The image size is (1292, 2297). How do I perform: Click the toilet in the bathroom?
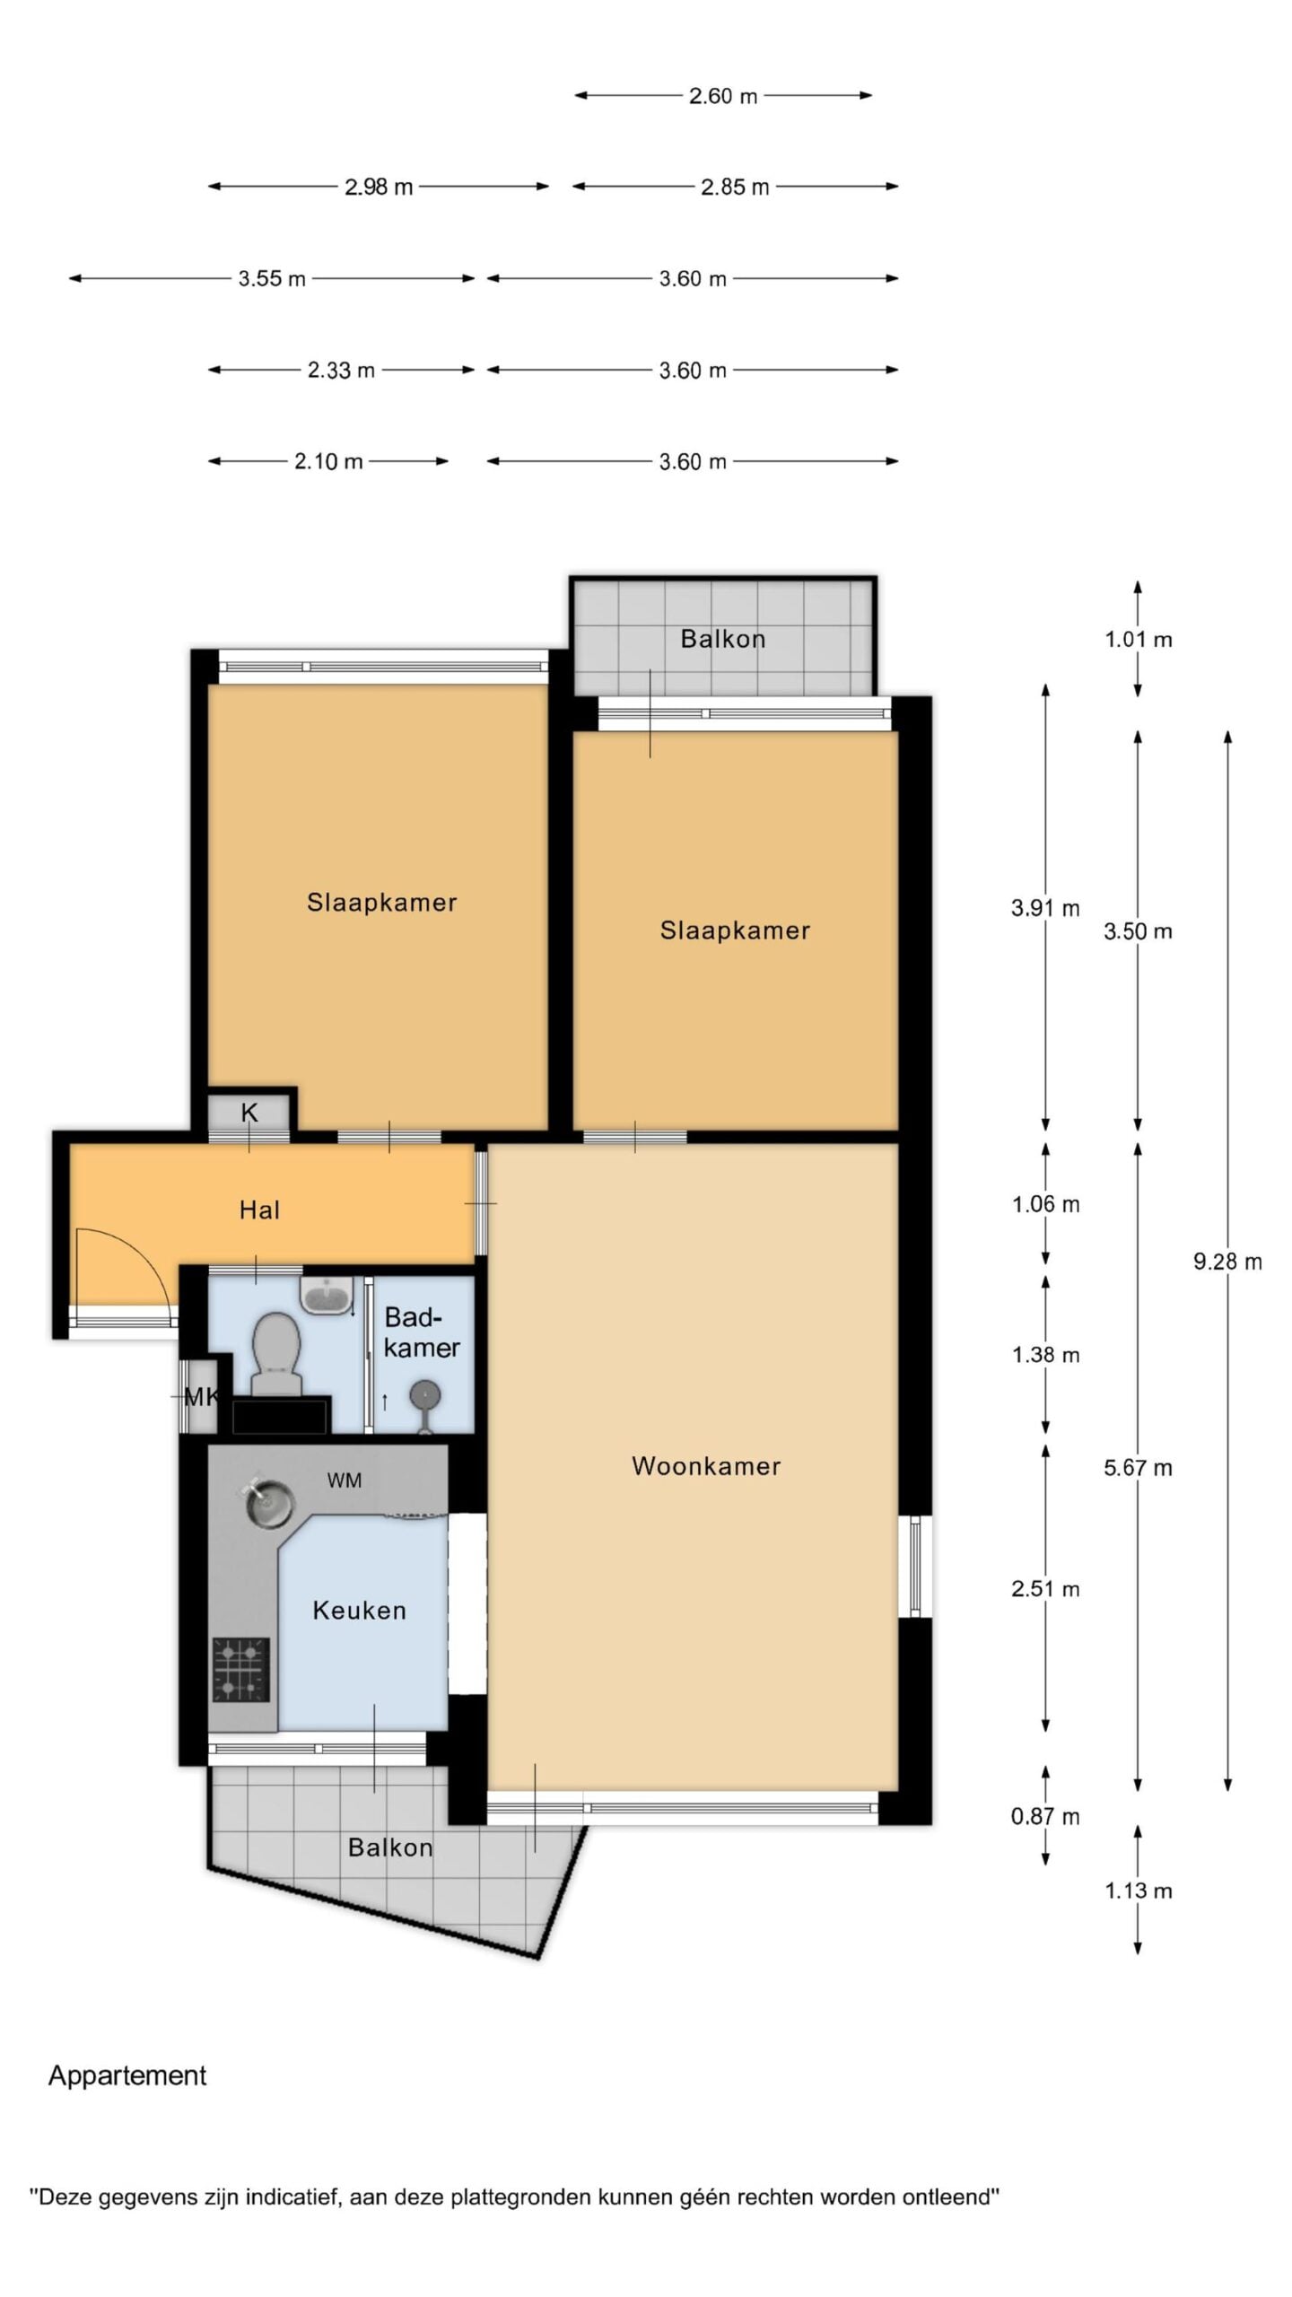point(275,1354)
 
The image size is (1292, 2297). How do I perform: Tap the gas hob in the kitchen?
point(241,1669)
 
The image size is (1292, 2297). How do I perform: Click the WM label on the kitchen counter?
point(345,1480)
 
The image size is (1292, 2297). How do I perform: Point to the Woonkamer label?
point(706,1466)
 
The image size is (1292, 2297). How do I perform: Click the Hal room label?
point(259,1210)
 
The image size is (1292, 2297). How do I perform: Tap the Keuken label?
point(359,1611)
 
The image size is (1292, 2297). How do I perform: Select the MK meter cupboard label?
point(201,1397)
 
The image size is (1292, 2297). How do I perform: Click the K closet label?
point(249,1113)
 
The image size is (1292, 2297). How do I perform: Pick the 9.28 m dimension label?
point(1227,1262)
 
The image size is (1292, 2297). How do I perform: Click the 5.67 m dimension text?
point(1138,1468)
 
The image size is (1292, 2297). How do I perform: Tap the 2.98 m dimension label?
point(379,187)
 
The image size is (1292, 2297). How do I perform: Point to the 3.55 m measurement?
point(272,278)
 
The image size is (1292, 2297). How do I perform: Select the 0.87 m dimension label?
point(1045,1816)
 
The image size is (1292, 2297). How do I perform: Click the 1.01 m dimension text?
point(1138,639)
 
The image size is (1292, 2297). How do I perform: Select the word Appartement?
point(127,2075)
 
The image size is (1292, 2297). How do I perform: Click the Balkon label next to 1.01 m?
point(723,639)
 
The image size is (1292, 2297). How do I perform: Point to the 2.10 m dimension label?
point(328,461)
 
